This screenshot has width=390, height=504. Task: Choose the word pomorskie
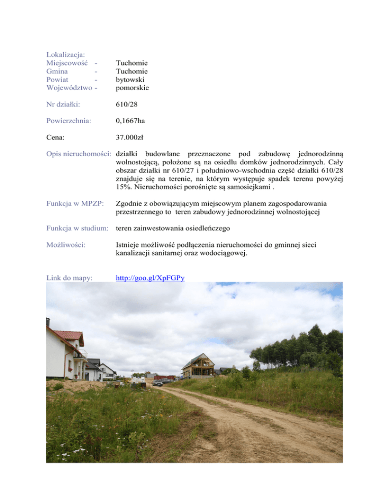tap(133, 88)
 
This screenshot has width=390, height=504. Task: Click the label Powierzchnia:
tap(68, 121)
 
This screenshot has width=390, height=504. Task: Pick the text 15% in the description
tap(124, 187)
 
